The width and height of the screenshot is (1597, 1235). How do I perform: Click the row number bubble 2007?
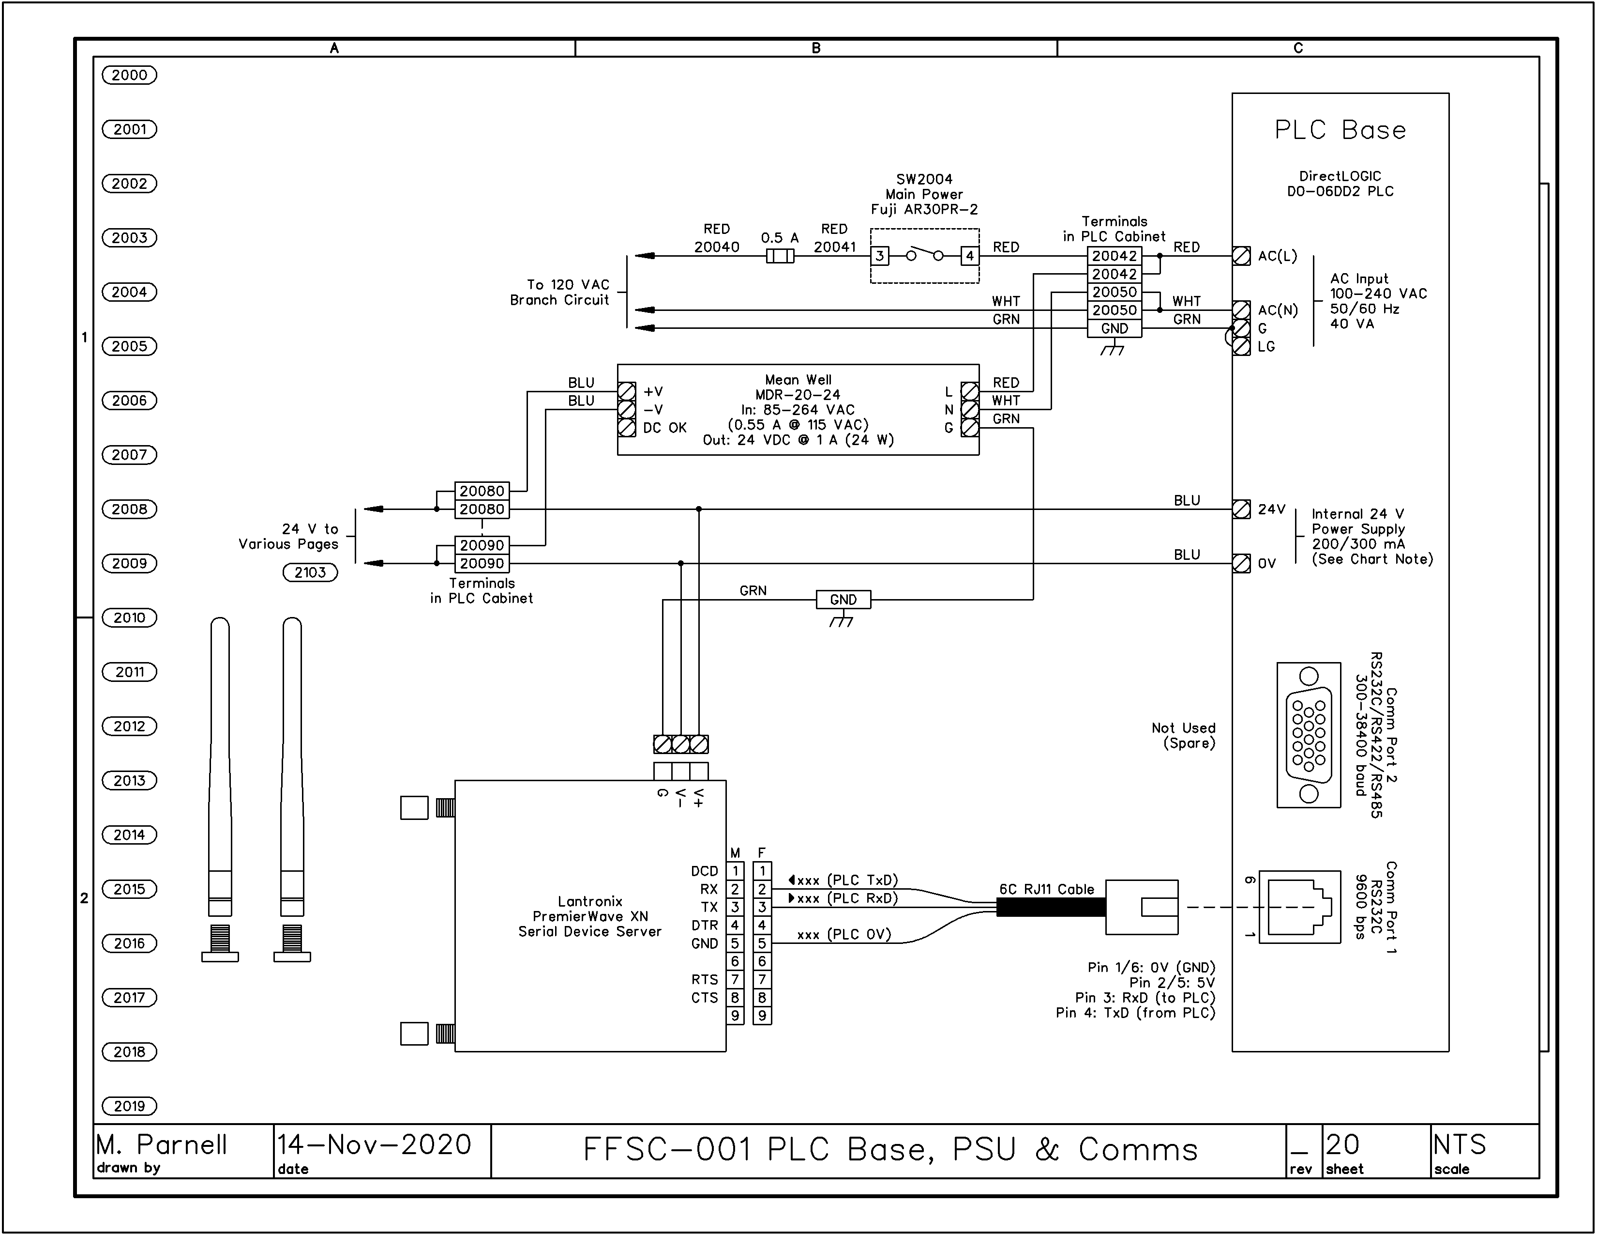click(129, 454)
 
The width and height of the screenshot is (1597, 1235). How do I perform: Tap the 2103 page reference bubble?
click(310, 572)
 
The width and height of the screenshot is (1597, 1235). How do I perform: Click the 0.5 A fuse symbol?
click(780, 256)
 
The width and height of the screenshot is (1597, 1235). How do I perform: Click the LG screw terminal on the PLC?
click(1241, 347)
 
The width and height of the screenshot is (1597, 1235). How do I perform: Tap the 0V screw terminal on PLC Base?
click(1241, 563)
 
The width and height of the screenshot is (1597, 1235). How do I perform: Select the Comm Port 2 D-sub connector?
click(1308, 735)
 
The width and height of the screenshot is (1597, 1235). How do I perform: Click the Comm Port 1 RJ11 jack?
click(1299, 907)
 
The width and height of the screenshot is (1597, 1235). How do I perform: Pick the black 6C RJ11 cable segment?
click(1051, 907)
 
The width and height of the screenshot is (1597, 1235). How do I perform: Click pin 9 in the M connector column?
click(735, 1016)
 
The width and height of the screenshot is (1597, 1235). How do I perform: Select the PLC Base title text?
click(1341, 130)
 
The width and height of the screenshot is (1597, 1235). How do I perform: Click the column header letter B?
click(816, 48)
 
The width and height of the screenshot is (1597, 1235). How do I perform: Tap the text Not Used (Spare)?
click(1183, 735)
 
